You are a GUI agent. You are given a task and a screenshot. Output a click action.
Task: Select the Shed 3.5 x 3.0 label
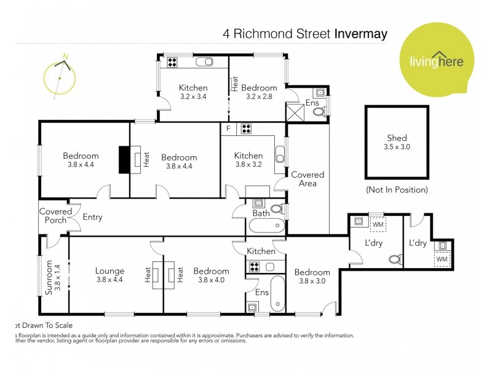397,143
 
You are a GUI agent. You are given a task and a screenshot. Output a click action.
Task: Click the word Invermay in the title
360,33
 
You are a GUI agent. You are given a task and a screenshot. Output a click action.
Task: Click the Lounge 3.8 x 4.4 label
110,275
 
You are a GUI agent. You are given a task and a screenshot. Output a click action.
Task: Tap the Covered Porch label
55,216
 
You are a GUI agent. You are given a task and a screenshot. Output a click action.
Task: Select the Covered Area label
307,179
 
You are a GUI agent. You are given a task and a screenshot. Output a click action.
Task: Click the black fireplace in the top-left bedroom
125,160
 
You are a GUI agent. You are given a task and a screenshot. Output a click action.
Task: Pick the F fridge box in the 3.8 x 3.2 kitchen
229,129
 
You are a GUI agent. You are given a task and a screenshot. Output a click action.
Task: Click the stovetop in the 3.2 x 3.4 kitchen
172,61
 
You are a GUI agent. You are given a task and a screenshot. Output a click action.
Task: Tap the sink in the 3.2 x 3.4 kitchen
205,61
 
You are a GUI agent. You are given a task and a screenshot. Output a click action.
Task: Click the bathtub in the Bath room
267,226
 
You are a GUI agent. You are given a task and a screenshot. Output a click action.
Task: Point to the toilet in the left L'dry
394,259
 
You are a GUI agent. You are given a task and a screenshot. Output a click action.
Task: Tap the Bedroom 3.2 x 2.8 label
259,92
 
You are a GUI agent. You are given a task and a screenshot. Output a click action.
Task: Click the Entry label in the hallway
92,217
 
